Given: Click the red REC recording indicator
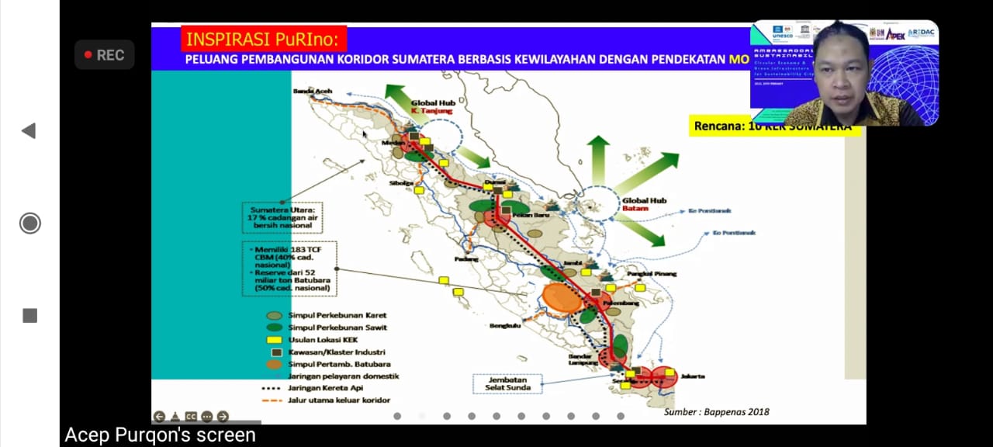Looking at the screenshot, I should (x=104, y=55).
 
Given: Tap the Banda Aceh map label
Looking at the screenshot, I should (x=313, y=92).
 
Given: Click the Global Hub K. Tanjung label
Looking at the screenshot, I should (x=431, y=106).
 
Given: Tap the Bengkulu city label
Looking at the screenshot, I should (x=505, y=326).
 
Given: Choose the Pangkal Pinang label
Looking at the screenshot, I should (x=652, y=273).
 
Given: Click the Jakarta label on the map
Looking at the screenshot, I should (x=693, y=376).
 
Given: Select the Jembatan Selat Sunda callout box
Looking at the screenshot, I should (x=507, y=383).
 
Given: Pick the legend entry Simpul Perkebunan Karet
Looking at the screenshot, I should (x=337, y=315).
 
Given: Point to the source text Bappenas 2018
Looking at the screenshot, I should (x=716, y=412).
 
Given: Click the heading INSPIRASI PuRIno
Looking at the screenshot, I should (x=264, y=39).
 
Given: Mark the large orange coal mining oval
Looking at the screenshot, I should (x=562, y=297).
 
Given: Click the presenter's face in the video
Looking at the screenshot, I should (x=842, y=71).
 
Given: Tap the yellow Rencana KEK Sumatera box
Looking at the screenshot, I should (x=774, y=126).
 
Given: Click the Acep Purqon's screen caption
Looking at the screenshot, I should (x=160, y=435).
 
